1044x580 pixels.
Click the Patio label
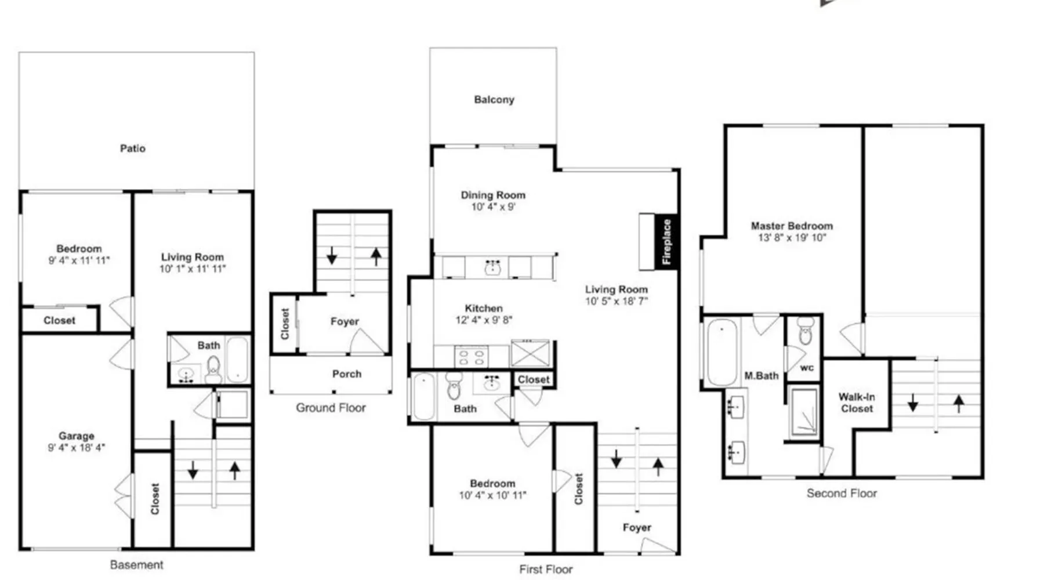[133, 148]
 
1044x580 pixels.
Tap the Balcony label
[494, 100]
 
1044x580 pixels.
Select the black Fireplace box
[666, 242]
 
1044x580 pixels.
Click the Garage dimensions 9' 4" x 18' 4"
[77, 447]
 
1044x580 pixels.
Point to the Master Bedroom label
[792, 226]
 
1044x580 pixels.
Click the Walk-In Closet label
[857, 403]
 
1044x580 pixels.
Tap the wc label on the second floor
[807, 368]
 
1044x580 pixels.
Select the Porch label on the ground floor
[347, 374]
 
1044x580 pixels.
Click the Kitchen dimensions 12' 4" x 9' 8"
[484, 320]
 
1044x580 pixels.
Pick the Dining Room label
[493, 195]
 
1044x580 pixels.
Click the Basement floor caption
[137, 564]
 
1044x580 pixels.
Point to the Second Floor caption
[842, 493]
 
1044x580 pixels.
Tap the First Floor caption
[546, 569]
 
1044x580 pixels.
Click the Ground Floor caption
[331, 408]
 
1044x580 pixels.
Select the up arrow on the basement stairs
[234, 470]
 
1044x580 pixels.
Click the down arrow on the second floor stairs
[913, 403]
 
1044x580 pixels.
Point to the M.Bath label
[762, 376]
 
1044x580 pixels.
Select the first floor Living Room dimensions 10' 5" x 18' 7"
[616, 301]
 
